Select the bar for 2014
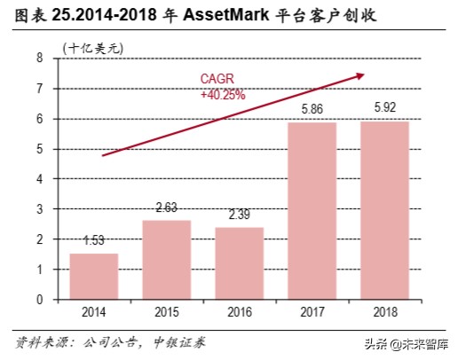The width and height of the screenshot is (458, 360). tap(93, 277)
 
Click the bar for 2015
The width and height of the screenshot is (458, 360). tap(166, 260)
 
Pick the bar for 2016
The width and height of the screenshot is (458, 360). tap(239, 263)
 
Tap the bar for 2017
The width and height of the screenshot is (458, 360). tap(312, 211)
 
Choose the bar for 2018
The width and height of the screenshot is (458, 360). tap(384, 210)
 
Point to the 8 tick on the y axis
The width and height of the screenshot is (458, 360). tap(40, 58)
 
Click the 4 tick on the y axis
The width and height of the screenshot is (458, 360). tap(40, 179)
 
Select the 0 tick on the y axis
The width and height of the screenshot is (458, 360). tap(40, 300)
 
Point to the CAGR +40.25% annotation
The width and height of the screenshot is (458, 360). tap(222, 87)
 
